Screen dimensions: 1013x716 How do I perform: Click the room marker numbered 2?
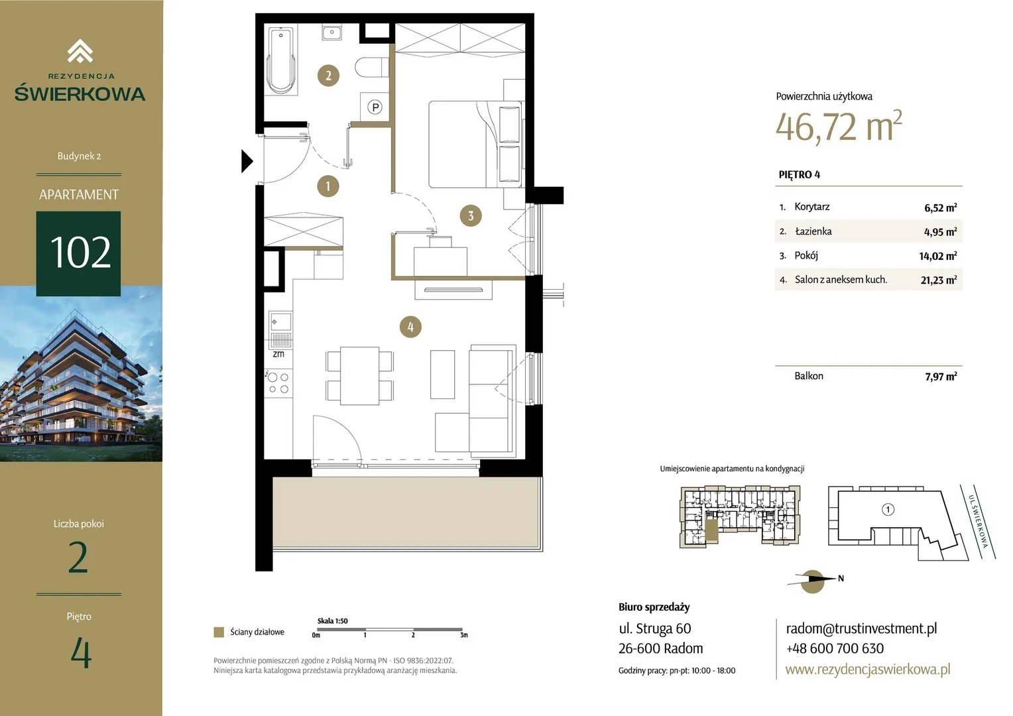(328, 76)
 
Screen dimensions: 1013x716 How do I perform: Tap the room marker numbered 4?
(410, 327)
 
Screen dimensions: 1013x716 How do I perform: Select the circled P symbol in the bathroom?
(375, 107)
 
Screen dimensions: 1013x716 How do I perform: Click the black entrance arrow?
(247, 162)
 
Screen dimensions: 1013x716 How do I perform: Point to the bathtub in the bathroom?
(281, 60)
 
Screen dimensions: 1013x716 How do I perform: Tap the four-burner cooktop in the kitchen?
(278, 383)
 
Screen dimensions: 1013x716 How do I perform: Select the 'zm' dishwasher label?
(278, 354)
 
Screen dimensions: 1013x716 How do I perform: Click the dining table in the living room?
(359, 376)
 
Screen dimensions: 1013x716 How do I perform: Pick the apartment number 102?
(80, 253)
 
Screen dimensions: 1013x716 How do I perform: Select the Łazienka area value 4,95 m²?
(940, 231)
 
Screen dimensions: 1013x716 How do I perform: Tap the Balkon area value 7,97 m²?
(941, 377)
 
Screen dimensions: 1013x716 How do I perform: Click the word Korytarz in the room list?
(811, 207)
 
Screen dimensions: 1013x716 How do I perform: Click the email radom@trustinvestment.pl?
(861, 628)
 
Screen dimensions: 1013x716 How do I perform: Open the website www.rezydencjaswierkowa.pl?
(868, 670)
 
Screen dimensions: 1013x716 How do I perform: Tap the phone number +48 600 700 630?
(835, 648)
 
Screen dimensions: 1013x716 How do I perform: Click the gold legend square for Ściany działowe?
(219, 632)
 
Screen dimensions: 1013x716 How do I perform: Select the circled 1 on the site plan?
(888, 510)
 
